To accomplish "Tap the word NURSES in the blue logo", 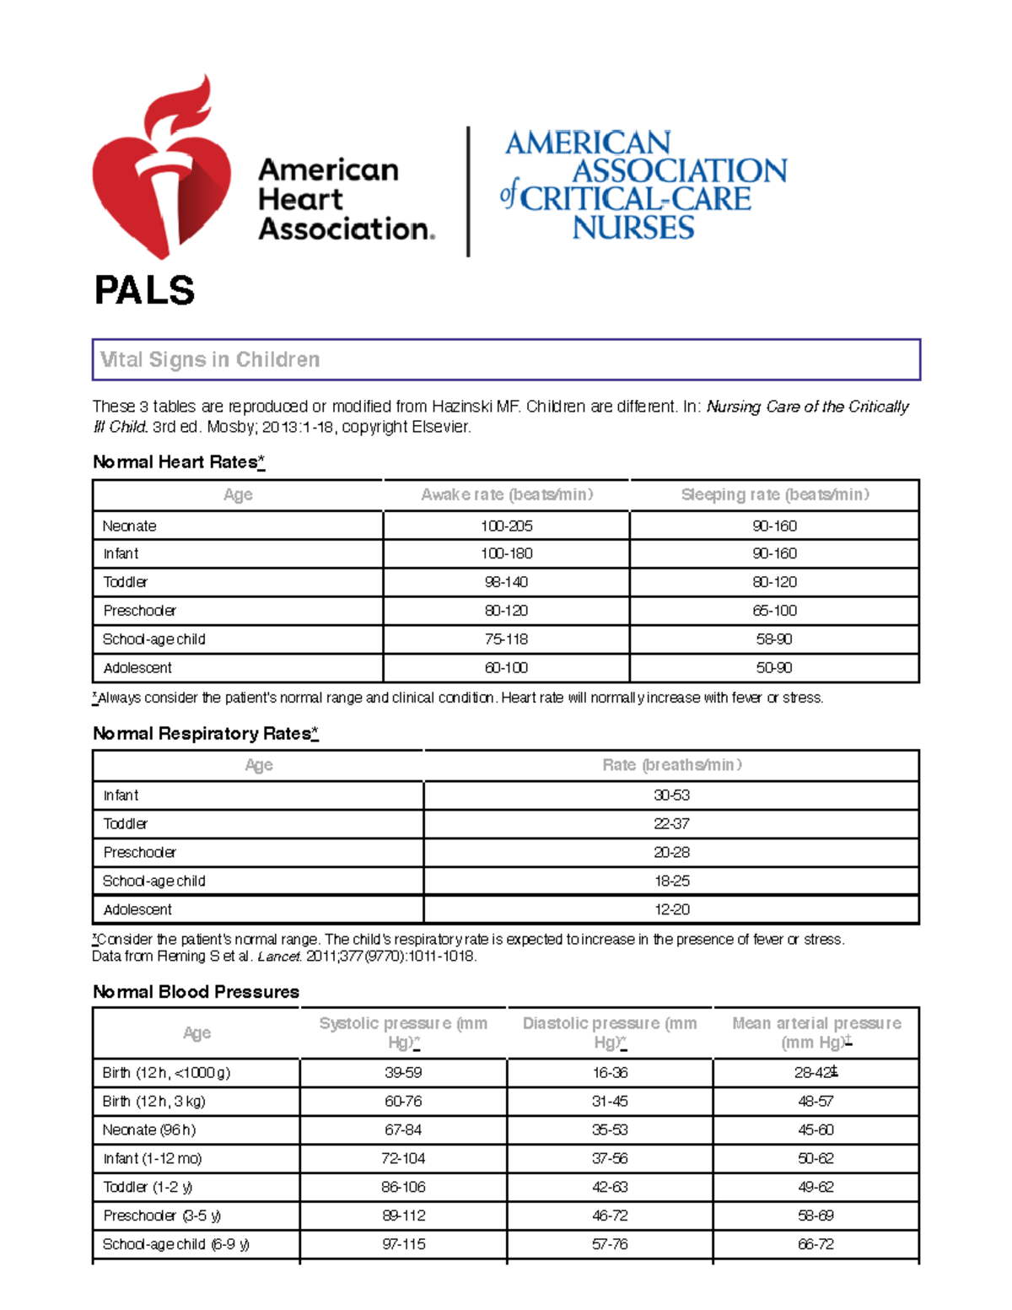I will click(x=632, y=228).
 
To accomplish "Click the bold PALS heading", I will click(x=144, y=291).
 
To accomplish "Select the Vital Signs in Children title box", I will click(x=506, y=360).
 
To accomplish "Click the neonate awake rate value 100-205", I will click(x=506, y=526).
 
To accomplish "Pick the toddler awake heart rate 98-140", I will click(x=506, y=582).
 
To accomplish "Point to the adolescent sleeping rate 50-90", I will click(x=773, y=667).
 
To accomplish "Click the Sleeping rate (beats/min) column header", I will click(x=774, y=495).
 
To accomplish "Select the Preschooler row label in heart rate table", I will click(x=139, y=611).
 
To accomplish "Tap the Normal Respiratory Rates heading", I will click(x=205, y=734).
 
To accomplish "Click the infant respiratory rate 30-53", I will click(x=671, y=795).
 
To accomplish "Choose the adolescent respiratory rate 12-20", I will click(x=671, y=909).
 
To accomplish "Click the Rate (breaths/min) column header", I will click(x=671, y=765).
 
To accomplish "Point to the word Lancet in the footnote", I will click(x=279, y=957).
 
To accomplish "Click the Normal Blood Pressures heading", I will click(x=196, y=992).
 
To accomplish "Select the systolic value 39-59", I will click(x=403, y=1073).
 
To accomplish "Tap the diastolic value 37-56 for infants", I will click(x=609, y=1158).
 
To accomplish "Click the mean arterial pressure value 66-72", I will click(x=816, y=1244).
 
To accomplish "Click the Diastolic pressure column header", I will click(x=609, y=1032).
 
